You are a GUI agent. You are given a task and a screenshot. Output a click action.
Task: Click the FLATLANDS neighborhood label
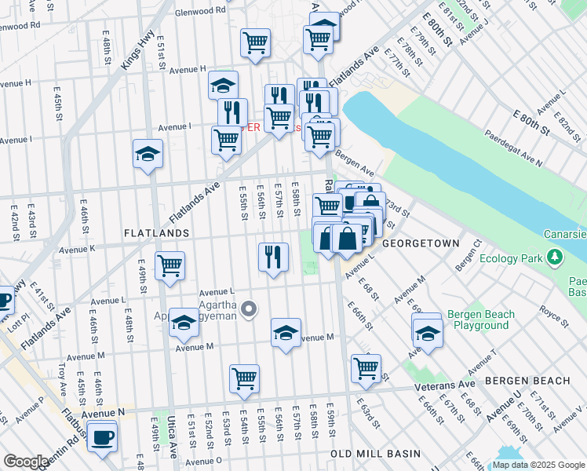(x=155, y=233)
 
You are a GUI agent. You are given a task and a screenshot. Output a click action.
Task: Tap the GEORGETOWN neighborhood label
(x=421, y=244)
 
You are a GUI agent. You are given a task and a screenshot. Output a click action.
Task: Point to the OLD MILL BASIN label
(x=375, y=454)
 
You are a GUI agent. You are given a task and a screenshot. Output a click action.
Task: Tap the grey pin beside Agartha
(x=249, y=310)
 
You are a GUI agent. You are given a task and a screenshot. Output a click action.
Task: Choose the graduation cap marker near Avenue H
(x=224, y=84)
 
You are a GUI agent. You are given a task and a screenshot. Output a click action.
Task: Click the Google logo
(x=25, y=462)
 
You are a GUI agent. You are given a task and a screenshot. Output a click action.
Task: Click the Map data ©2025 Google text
(x=538, y=464)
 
